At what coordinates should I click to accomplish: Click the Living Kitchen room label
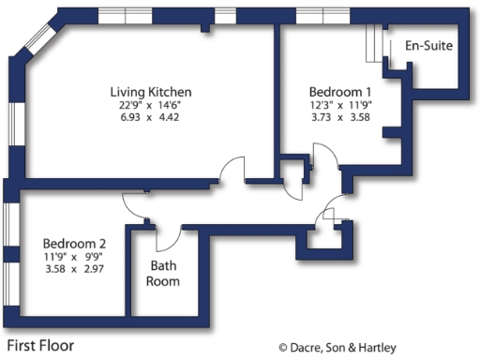151,92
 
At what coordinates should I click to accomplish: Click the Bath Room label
163,273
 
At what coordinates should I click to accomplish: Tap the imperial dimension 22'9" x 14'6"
151,105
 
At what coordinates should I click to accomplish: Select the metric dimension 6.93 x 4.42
151,118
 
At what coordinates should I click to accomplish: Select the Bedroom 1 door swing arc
328,155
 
